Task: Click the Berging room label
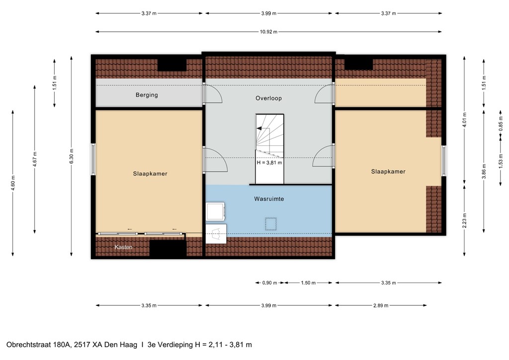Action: click(x=147, y=95)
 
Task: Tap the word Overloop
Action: click(x=268, y=98)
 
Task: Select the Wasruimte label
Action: click(x=268, y=198)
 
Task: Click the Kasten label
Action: click(x=123, y=247)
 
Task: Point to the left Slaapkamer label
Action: click(x=150, y=174)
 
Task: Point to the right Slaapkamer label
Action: click(x=388, y=172)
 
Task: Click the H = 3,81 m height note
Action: click(x=269, y=162)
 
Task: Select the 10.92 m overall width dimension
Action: click(x=268, y=32)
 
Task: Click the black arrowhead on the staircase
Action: click(x=259, y=128)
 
